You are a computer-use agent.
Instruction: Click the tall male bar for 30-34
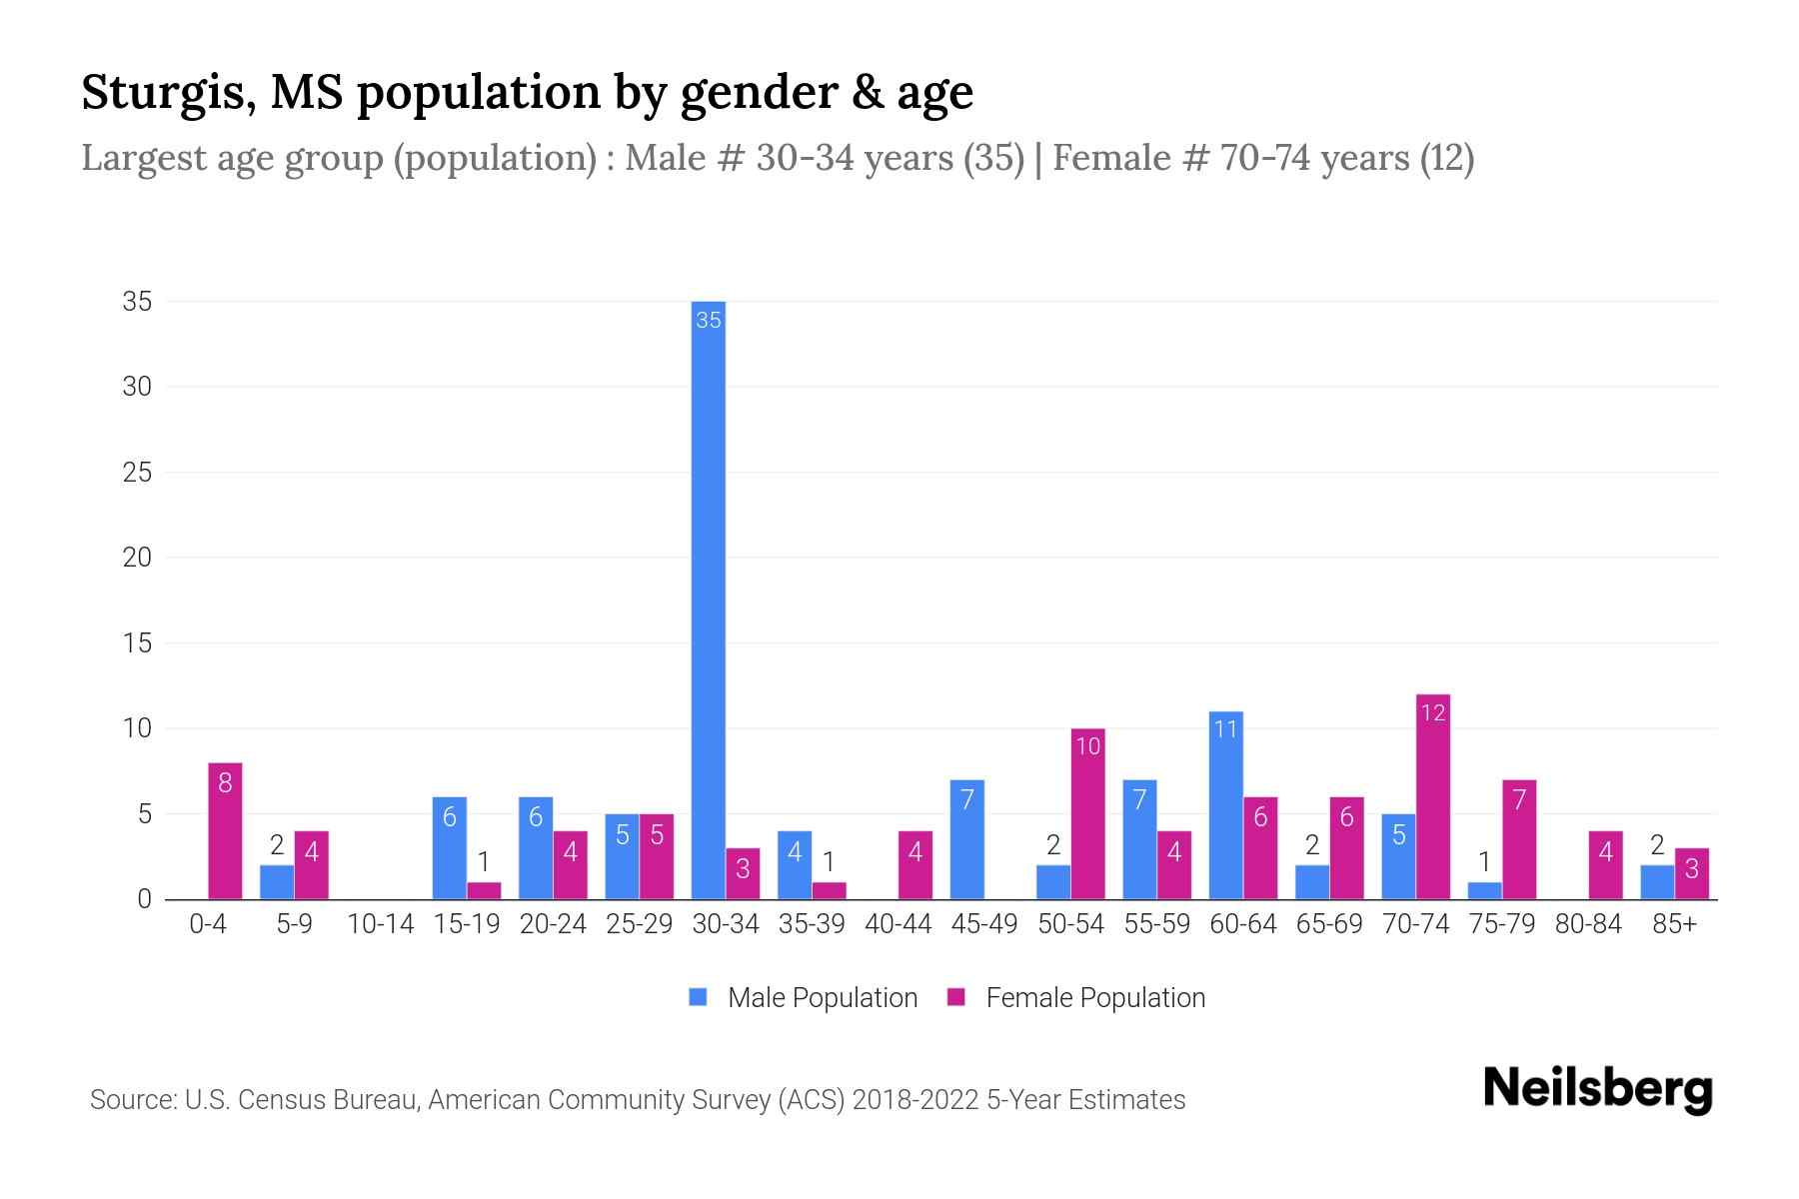tap(709, 599)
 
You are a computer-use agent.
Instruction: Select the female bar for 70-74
tap(1432, 799)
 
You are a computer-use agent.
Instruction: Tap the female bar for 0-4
tap(225, 832)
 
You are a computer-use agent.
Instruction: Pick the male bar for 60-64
tap(1225, 806)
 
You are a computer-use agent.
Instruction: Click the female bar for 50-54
tap(1087, 814)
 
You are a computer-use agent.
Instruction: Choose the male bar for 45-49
tap(966, 839)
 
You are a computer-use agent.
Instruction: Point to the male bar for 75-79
tap(1484, 890)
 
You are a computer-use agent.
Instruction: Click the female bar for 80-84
tap(1605, 865)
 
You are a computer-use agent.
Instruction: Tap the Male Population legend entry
tap(803, 998)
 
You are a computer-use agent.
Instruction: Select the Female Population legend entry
tap(1076, 998)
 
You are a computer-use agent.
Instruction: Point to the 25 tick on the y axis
tap(137, 473)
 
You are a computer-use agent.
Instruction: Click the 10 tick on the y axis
tap(137, 728)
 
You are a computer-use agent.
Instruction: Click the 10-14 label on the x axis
tap(380, 924)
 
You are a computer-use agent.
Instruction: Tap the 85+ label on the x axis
tap(1674, 924)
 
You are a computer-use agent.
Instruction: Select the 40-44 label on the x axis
tap(898, 924)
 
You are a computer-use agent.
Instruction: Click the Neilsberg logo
tap(1597, 1088)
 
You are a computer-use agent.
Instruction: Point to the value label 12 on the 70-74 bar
tap(1432, 713)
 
